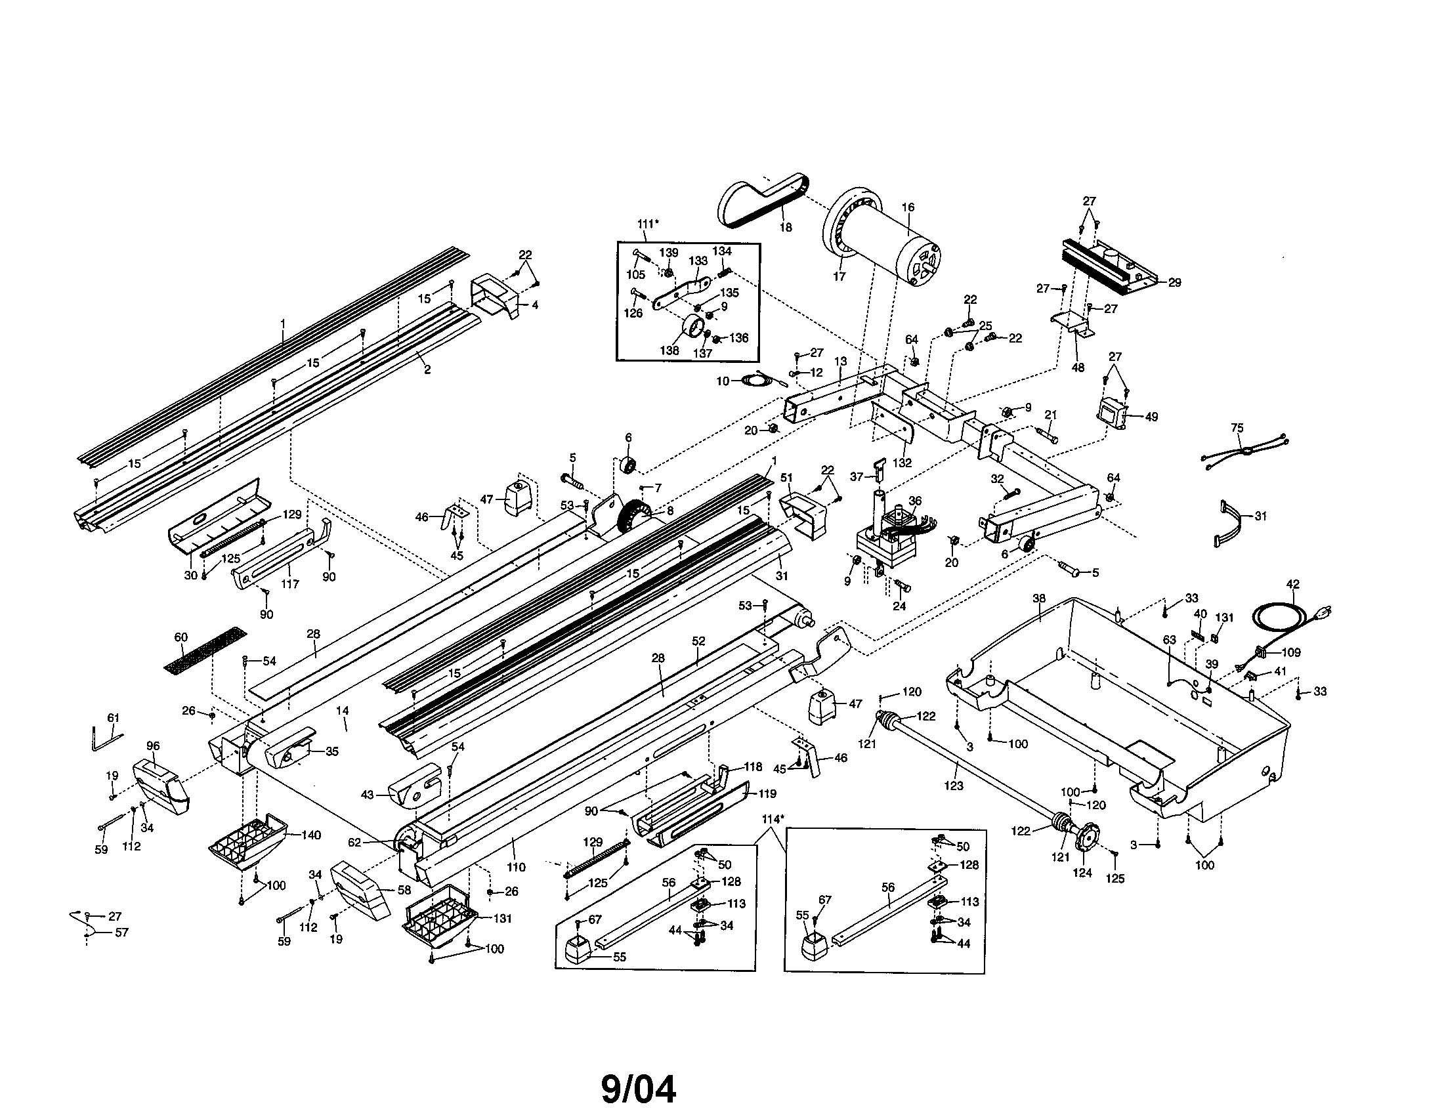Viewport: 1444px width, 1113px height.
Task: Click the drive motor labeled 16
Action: (886, 241)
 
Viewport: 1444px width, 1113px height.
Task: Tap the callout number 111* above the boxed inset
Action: (648, 224)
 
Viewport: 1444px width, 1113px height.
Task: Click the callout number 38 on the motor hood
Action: (1039, 598)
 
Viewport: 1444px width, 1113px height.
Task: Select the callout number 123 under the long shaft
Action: (954, 786)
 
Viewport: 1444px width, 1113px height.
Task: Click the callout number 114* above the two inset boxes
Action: (773, 819)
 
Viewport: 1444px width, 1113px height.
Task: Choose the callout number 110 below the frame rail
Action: (516, 867)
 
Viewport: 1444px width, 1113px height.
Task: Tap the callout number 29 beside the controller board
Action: (1174, 282)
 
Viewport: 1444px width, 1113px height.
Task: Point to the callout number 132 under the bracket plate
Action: (902, 463)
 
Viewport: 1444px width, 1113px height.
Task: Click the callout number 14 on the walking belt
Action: (342, 711)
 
